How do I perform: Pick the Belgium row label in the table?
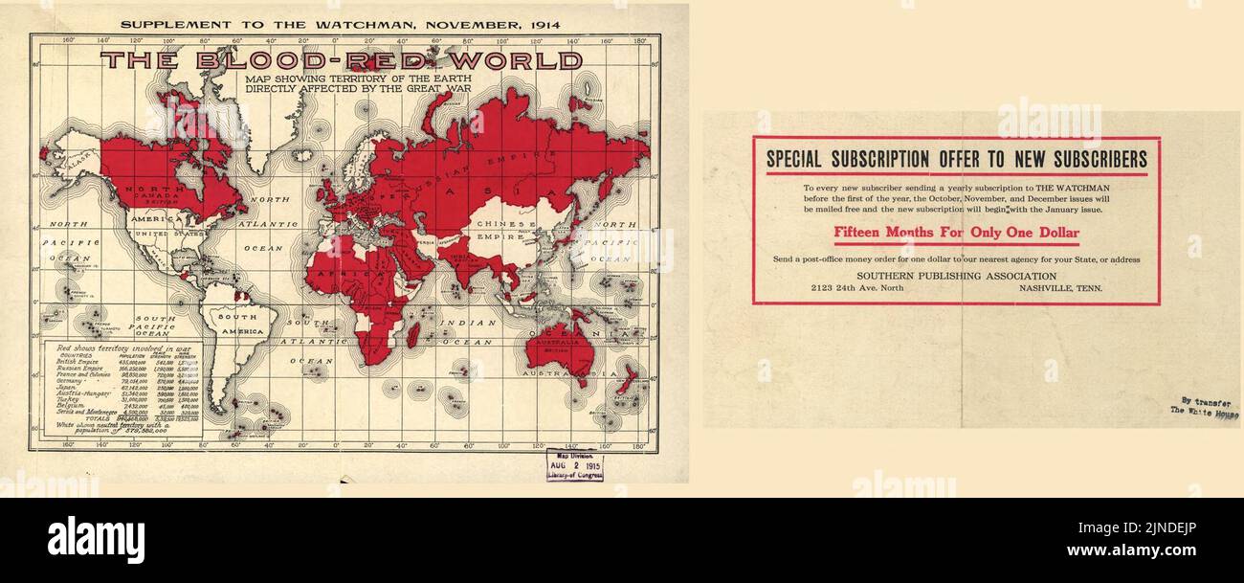tap(73, 405)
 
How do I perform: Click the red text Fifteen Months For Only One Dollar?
tap(955, 233)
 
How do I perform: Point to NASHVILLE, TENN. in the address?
tap(1060, 288)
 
